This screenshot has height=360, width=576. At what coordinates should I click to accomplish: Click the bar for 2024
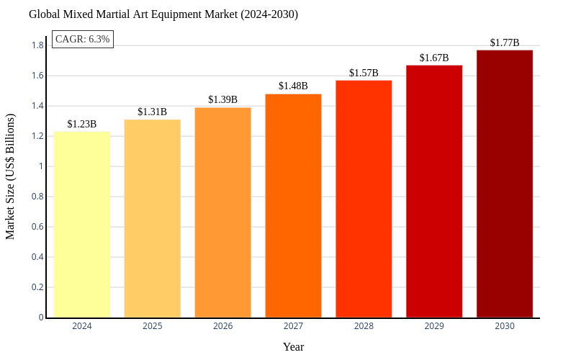click(x=82, y=225)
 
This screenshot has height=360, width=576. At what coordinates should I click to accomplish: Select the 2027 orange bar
click(x=293, y=206)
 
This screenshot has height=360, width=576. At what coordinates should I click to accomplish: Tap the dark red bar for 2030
click(x=505, y=184)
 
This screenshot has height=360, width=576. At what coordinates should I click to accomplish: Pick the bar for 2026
click(x=223, y=212)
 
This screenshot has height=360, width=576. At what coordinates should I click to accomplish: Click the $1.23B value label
click(x=82, y=124)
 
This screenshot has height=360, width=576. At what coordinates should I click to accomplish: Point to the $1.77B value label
click(x=505, y=42)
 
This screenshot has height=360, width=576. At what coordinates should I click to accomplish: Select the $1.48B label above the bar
click(x=293, y=86)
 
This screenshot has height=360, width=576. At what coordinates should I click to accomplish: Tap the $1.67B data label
click(x=434, y=58)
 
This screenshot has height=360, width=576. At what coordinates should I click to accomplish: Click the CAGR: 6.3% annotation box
click(x=83, y=39)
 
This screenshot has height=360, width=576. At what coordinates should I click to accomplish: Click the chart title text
click(x=163, y=14)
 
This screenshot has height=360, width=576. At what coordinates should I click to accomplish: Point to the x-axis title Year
click(x=293, y=347)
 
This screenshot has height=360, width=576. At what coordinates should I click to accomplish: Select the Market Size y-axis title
click(x=10, y=176)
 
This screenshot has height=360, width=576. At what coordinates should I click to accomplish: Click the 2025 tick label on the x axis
click(x=153, y=326)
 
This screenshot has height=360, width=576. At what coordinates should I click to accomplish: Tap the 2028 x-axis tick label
click(x=364, y=326)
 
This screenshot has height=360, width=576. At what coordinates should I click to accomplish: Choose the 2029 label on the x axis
click(x=434, y=326)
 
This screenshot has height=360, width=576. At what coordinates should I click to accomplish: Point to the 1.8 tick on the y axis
click(x=37, y=45)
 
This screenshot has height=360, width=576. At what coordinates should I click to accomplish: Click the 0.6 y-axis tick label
click(x=37, y=227)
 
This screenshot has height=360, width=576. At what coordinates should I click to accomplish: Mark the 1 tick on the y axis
click(x=41, y=166)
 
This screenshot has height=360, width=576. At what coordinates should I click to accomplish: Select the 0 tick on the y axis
click(x=41, y=318)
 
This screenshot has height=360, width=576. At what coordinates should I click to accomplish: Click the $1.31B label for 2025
click(x=153, y=112)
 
